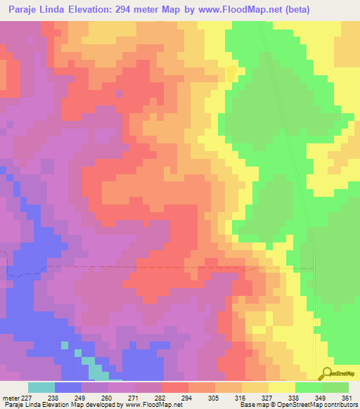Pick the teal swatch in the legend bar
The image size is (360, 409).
[x=41, y=387]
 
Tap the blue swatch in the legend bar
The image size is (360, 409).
[x=68, y=387]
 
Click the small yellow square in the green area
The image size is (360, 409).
[x=231, y=74]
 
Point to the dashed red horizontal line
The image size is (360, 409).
[x=141, y=267]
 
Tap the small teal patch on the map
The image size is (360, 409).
[x=91, y=362]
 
